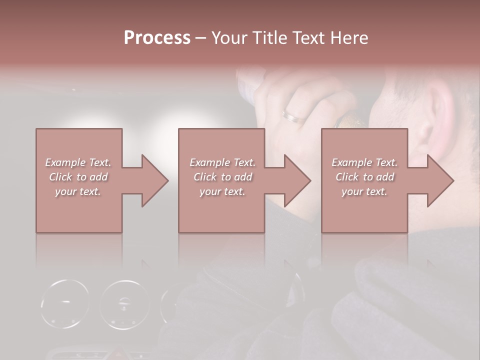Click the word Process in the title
157,37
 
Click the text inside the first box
78,176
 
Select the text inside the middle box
222,176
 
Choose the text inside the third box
364,176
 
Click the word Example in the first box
65,162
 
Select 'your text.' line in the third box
364,191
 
